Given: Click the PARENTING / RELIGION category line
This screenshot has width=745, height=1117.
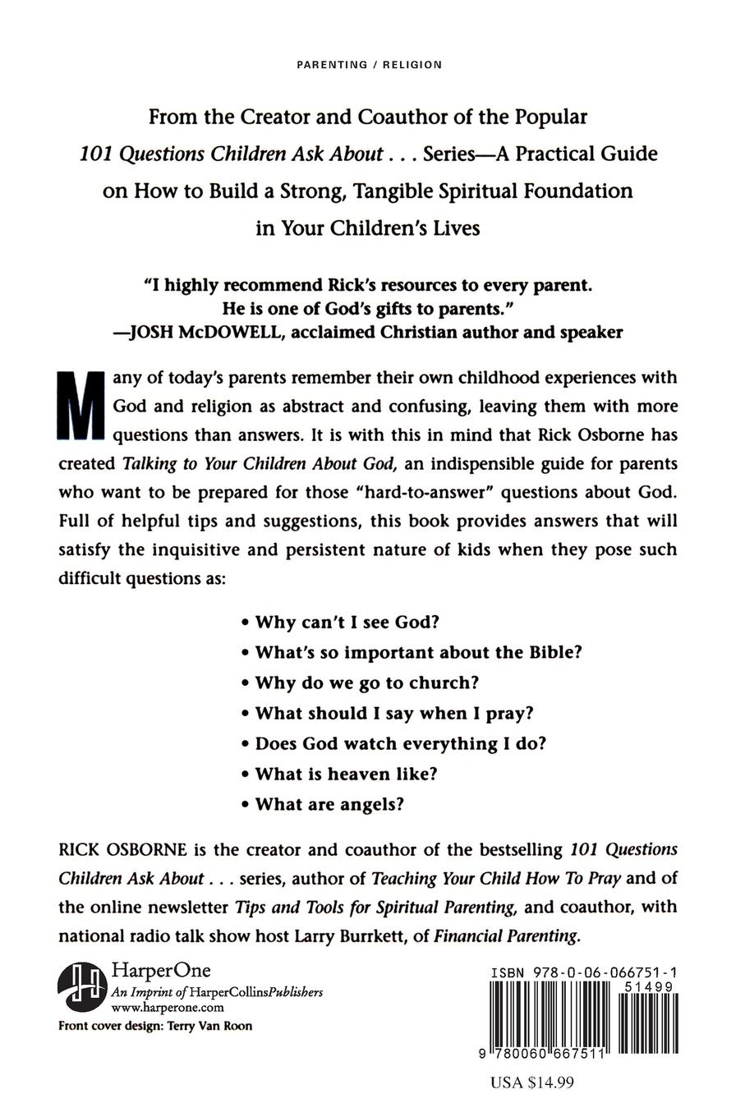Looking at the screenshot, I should click(368, 65).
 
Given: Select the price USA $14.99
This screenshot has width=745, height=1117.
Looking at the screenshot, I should click(531, 1083).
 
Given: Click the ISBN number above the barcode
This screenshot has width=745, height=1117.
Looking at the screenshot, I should click(583, 972).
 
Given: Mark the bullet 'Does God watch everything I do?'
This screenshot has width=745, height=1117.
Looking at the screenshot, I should click(400, 743).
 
